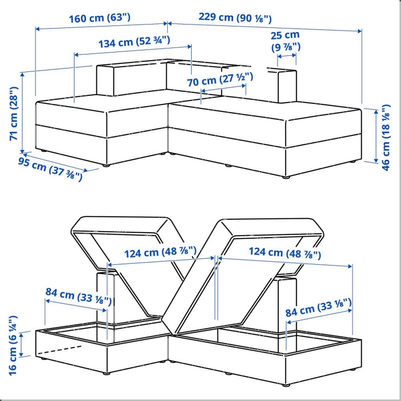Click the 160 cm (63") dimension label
[100, 18]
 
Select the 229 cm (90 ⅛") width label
[235, 17]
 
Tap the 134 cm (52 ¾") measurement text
[134, 42]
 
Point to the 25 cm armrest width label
[286, 41]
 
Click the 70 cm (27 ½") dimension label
[220, 79]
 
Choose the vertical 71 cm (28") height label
[14, 113]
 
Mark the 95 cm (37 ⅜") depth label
[50, 169]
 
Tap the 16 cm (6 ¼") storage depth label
[13, 346]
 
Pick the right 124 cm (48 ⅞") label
[285, 253]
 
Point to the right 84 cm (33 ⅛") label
[319, 308]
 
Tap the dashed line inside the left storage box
[59, 350]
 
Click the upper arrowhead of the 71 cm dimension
[22, 75]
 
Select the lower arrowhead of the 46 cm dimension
[376, 160]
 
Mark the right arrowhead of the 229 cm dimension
[360, 31]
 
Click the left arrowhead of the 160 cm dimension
[37, 29]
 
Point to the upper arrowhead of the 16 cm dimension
[21, 334]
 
